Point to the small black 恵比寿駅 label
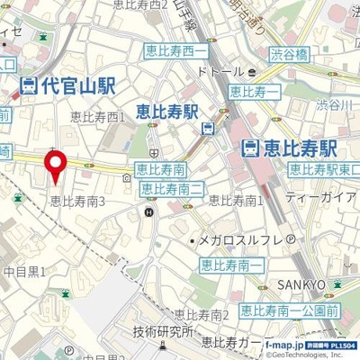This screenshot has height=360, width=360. pyautogui.click(x=166, y=112)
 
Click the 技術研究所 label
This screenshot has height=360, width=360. pyautogui.click(x=162, y=331)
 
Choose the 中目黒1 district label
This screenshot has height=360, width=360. pyautogui.click(x=24, y=270)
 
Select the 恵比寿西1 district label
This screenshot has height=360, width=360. pyautogui.click(x=98, y=117)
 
